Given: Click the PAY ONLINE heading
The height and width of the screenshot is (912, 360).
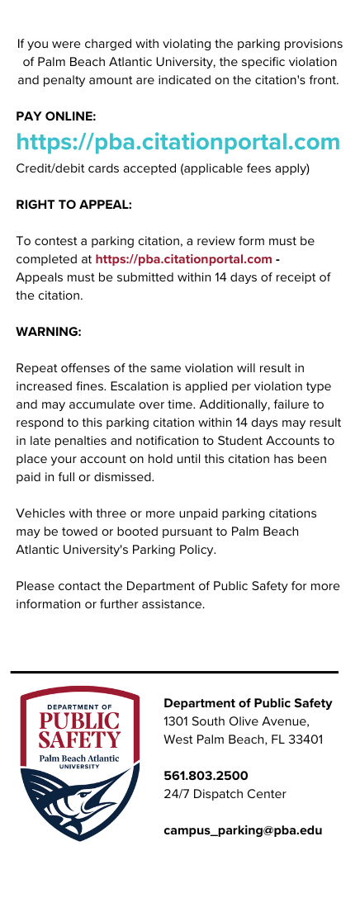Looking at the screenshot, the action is pos(56,116).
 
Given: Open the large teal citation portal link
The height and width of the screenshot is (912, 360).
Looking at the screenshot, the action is pos(178,142).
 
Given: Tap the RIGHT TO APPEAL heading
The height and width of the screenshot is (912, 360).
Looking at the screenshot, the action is pos(74,204).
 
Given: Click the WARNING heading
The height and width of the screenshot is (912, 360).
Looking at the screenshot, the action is pos(49,331).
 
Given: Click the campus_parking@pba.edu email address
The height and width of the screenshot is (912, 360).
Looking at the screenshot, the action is pos(243,830).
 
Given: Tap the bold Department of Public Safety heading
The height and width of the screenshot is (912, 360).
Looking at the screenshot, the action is pos(248,703).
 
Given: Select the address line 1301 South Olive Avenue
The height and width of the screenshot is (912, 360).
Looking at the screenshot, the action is pos(236,721).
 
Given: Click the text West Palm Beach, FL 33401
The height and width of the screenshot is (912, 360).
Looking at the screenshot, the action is pos(244,740).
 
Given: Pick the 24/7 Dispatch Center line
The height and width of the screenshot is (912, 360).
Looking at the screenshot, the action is pos(225,794).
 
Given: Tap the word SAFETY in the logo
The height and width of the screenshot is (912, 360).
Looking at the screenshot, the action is pos(80,740).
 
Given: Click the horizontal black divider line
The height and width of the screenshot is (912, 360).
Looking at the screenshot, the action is pos(174,673).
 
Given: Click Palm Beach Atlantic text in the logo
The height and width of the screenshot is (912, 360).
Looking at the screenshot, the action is pos(80,758).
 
